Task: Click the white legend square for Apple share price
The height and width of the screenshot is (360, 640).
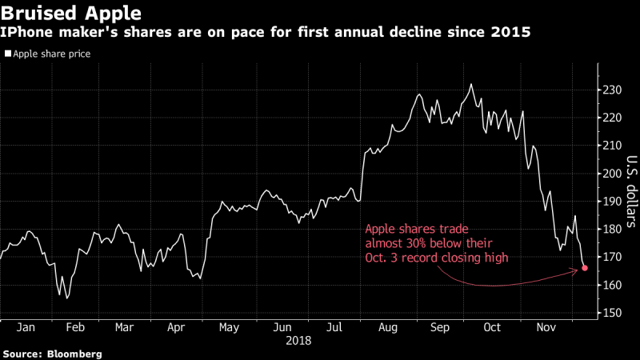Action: click(9, 54)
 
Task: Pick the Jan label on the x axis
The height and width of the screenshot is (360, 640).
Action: click(25, 328)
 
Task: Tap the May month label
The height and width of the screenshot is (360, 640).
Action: click(229, 328)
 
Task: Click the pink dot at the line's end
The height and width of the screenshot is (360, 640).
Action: click(585, 268)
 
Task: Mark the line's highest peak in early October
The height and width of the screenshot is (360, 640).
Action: click(471, 84)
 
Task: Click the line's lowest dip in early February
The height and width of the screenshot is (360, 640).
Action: click(67, 298)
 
